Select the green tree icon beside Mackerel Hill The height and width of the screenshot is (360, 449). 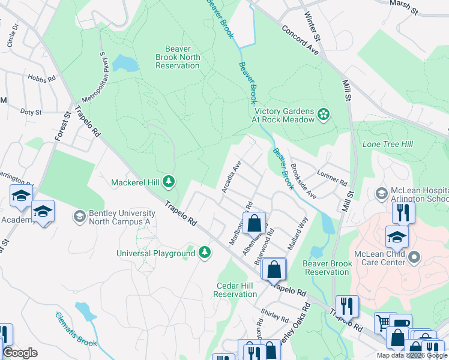pyautogui.click(x=169, y=181)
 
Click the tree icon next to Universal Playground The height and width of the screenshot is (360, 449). pyautogui.click(x=205, y=252)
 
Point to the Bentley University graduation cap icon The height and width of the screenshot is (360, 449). pyautogui.click(x=79, y=215)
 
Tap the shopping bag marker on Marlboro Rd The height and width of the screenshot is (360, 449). pyautogui.click(x=255, y=223)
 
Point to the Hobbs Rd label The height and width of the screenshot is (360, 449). pyautogui.click(x=41, y=78)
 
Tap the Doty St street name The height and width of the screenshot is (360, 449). pyautogui.click(x=31, y=112)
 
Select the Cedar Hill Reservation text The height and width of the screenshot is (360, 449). pyautogui.click(x=235, y=290)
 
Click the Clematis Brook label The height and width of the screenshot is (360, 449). pyautogui.click(x=76, y=329)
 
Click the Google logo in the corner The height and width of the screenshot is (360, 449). pyautogui.click(x=20, y=353)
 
